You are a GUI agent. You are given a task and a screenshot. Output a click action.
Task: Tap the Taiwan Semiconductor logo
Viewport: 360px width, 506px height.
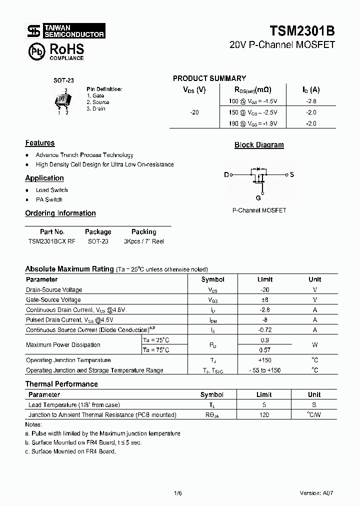(65, 31)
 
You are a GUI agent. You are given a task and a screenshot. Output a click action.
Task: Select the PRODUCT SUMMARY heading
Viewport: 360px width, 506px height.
(209, 78)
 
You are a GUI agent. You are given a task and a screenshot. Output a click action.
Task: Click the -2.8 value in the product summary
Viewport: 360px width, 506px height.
(311, 101)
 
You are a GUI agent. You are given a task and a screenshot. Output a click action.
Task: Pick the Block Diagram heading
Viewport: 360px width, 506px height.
(259, 145)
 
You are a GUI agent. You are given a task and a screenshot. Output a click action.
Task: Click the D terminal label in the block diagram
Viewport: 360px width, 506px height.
(226, 174)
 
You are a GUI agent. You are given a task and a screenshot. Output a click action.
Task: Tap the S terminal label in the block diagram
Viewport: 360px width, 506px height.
(292, 174)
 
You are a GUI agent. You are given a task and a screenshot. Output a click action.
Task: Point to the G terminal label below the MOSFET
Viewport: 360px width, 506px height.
(258, 197)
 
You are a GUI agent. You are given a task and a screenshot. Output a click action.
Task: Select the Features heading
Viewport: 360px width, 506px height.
(40, 143)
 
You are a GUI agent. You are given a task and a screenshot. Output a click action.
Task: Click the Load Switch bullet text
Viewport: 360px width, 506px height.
(51, 190)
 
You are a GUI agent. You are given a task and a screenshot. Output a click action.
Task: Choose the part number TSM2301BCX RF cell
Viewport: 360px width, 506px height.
(52, 241)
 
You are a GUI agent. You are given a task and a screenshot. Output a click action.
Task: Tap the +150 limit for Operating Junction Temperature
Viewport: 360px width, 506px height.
(264, 360)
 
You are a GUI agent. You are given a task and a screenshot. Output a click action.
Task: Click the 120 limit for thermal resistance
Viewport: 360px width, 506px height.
(264, 415)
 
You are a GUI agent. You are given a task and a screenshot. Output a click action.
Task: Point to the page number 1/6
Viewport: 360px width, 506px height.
(177, 492)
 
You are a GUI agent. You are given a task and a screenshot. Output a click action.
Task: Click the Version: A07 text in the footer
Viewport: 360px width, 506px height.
(316, 492)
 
